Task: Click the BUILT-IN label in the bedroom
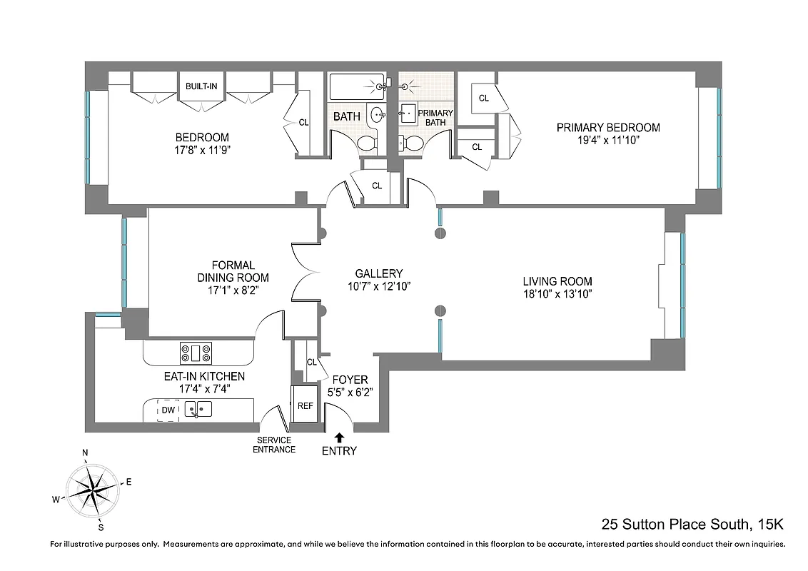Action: (202, 86)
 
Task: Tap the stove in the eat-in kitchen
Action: (196, 353)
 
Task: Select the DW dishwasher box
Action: (168, 410)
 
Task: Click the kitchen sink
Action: (198, 410)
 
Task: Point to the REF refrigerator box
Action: (305, 405)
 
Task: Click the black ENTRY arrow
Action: (339, 437)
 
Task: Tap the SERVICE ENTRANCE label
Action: (273, 445)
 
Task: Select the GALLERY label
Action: (378, 273)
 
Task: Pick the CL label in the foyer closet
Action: (311, 362)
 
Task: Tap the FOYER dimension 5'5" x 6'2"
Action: (350, 392)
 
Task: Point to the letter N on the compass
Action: (85, 453)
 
